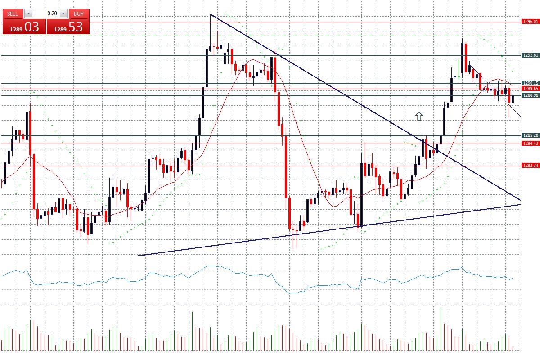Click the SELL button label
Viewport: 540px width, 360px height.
13,13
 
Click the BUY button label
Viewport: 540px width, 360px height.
79,13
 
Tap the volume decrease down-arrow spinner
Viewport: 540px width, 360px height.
28,13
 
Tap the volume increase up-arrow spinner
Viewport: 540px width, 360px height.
63,13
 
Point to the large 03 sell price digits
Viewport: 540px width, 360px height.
31,27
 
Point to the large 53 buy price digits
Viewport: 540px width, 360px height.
75,27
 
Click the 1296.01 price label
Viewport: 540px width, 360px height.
530,22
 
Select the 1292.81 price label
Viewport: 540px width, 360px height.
530,55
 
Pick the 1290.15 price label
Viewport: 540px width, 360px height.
530,83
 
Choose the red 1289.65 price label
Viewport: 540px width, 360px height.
530,89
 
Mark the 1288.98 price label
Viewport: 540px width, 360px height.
530,95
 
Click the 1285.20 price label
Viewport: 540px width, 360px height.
530,135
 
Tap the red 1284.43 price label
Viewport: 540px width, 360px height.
530,144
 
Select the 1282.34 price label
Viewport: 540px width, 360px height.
530,166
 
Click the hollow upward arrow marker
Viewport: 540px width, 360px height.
419,117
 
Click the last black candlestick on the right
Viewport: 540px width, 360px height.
513,99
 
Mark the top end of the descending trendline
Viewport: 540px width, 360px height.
211,15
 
